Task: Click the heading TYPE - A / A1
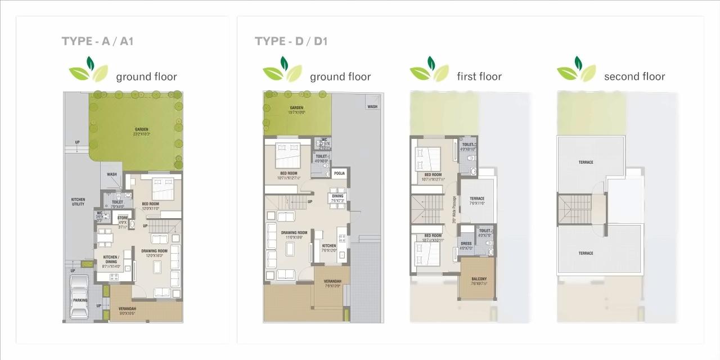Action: (x=97, y=41)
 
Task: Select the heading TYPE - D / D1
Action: (x=291, y=41)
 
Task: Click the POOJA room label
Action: (x=339, y=173)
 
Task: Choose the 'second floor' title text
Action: (x=634, y=76)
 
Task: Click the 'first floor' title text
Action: (x=479, y=76)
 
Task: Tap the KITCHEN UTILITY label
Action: (x=78, y=201)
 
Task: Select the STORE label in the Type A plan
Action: (x=123, y=217)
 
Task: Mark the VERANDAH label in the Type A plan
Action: (x=127, y=309)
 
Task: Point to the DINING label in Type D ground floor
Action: (x=337, y=196)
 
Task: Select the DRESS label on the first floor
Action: (x=466, y=244)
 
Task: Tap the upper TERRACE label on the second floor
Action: (x=586, y=163)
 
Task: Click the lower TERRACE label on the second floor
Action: (x=586, y=253)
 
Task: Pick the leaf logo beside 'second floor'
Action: (x=576, y=70)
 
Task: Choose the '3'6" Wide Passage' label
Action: (x=454, y=209)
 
